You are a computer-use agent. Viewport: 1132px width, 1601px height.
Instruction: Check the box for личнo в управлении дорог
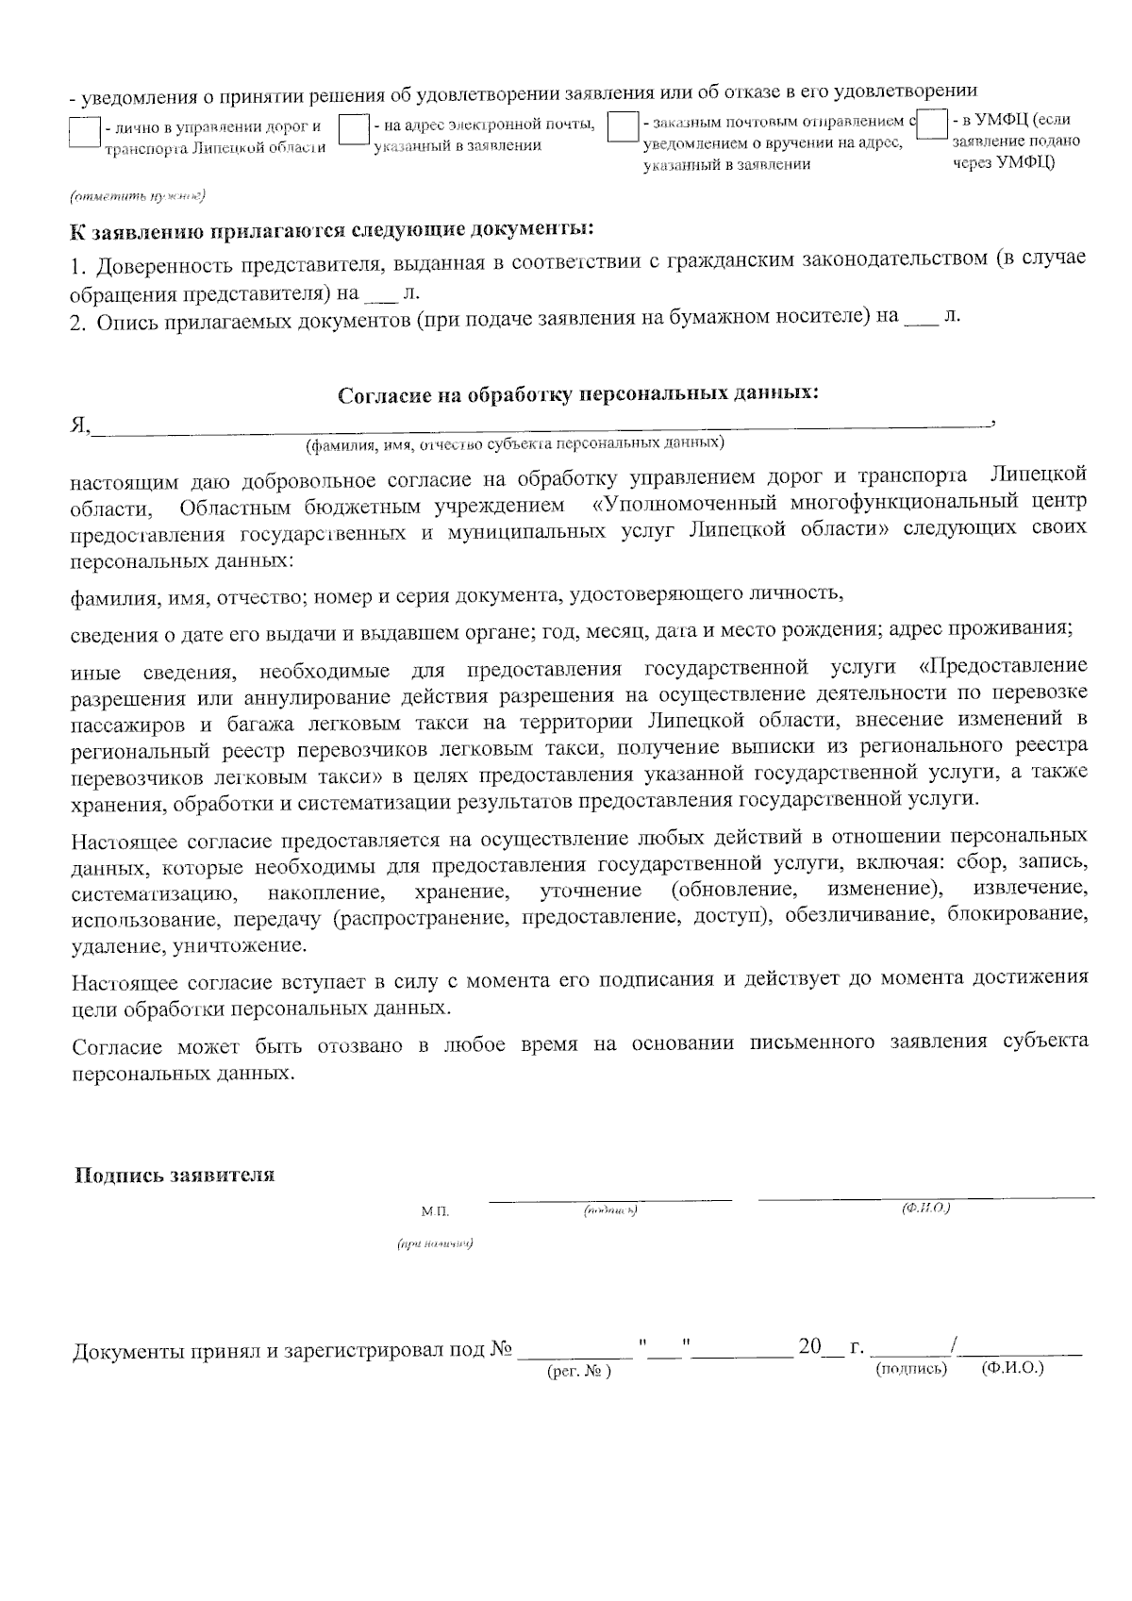click(85, 132)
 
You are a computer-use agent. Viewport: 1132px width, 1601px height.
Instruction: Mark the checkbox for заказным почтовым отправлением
click(623, 127)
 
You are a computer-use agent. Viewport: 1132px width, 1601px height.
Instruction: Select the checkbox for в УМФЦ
click(932, 125)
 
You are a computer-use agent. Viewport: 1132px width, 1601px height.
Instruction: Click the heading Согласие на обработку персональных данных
click(578, 394)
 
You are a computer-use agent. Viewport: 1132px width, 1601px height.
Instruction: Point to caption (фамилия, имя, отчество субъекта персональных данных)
click(514, 442)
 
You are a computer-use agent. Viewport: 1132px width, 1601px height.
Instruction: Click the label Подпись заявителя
click(175, 1176)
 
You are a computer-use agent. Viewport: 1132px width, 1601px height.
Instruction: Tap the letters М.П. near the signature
click(435, 1210)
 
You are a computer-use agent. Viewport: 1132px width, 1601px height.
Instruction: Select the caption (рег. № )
click(579, 1372)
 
